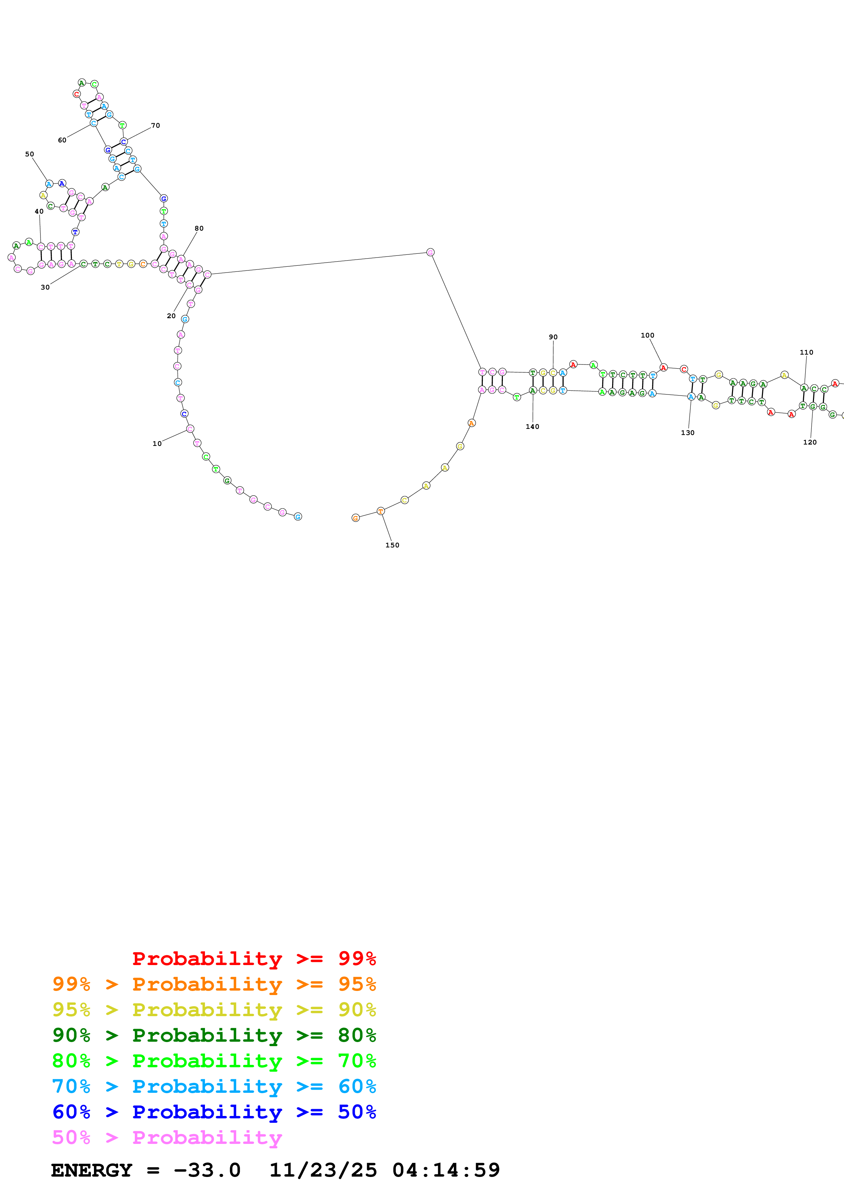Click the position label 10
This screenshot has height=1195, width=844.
click(157, 444)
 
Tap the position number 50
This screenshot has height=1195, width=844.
click(30, 154)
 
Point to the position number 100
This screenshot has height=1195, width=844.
click(648, 335)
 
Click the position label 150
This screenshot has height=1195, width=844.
click(392, 545)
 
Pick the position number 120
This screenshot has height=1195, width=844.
click(810, 442)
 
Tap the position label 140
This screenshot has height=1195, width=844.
click(532, 426)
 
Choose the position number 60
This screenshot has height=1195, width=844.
click(62, 140)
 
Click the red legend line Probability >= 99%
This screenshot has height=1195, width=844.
click(254, 958)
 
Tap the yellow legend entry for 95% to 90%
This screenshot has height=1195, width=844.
click(214, 1009)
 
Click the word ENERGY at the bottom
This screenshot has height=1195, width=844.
click(92, 1170)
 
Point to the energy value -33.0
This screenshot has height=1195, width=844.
click(207, 1170)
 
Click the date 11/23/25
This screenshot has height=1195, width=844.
click(322, 1170)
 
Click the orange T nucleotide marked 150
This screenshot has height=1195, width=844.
click(381, 511)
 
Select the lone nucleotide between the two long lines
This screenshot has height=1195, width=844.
click(430, 252)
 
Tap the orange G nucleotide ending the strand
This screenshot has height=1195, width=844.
click(355, 518)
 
